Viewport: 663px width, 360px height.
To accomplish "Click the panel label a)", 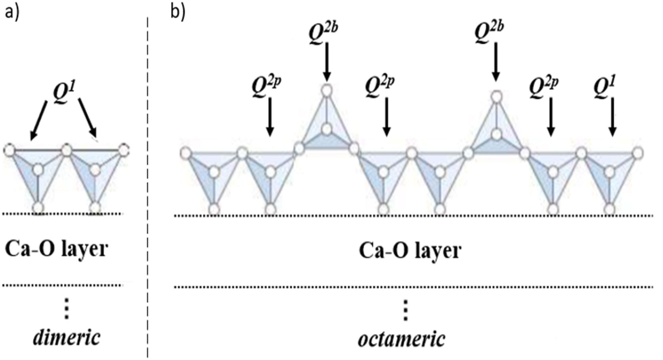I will (x=11, y=13).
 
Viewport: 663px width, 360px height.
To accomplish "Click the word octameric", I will (x=402, y=339).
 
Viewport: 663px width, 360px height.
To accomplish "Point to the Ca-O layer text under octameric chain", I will (x=410, y=251).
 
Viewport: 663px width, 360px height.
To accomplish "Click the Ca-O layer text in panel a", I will (x=56, y=250).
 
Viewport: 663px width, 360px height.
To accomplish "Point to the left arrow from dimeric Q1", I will (x=39, y=120).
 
